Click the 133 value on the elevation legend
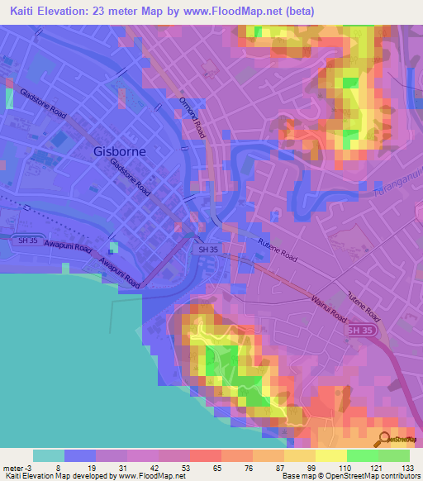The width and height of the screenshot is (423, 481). click(406, 467)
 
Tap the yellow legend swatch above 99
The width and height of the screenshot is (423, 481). click(300, 455)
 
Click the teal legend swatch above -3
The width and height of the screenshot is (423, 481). click(49, 455)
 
